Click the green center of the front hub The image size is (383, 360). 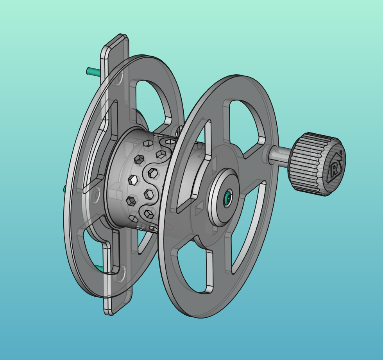click(x=227, y=199)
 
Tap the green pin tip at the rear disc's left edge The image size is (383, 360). click(x=65, y=189)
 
